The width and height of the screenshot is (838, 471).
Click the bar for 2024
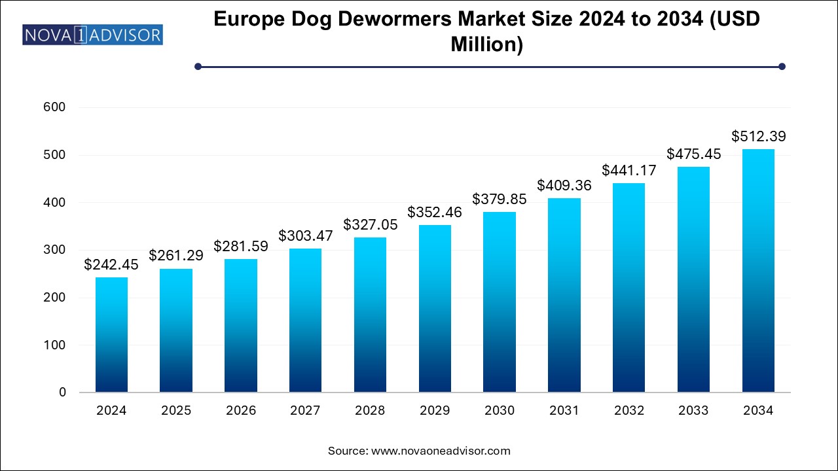[x=111, y=335]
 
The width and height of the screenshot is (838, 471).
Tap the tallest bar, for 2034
[x=758, y=271]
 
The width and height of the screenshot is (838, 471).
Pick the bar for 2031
[x=564, y=295]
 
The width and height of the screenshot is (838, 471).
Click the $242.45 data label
[x=111, y=265]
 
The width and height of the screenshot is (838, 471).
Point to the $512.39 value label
[x=758, y=137]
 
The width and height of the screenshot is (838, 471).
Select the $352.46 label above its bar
[x=435, y=213]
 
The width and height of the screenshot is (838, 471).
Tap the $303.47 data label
[x=305, y=235]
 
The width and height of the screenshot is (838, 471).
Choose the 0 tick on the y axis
[x=62, y=392]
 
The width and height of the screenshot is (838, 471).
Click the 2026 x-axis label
[x=240, y=411]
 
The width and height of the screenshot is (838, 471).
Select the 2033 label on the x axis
[x=693, y=411]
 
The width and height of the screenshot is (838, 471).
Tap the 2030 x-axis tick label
[x=499, y=411]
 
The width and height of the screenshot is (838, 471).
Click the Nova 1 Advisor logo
[x=92, y=35]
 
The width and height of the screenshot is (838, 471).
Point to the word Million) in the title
[x=486, y=44]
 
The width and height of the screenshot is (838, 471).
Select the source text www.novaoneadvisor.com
[x=441, y=451]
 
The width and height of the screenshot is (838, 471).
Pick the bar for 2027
[x=305, y=321]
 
